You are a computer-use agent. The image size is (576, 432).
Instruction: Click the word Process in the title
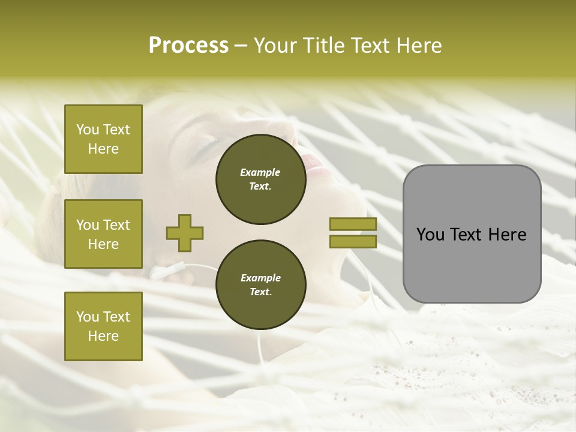pyautogui.click(x=188, y=46)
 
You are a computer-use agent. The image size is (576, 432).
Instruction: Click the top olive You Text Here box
pyautogui.click(x=103, y=139)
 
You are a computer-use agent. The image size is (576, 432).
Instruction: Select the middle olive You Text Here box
pyautogui.click(x=103, y=234)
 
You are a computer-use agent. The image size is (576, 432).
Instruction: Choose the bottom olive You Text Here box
pyautogui.click(x=103, y=326)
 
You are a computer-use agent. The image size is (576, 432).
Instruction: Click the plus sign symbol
pyautogui.click(x=185, y=233)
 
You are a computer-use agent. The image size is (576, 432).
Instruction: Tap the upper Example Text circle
pyautogui.click(x=260, y=179)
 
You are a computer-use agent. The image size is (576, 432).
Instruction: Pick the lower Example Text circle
pyautogui.click(x=260, y=285)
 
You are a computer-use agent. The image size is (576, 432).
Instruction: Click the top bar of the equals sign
pyautogui.click(x=353, y=224)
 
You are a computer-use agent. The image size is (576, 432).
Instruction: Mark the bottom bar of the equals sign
pyautogui.click(x=353, y=242)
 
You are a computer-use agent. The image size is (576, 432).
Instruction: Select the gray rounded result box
pyautogui.click(x=472, y=264)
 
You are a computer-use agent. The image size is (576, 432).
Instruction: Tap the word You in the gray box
pyautogui.click(x=431, y=235)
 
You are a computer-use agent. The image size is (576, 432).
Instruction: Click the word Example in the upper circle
pyautogui.click(x=260, y=172)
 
